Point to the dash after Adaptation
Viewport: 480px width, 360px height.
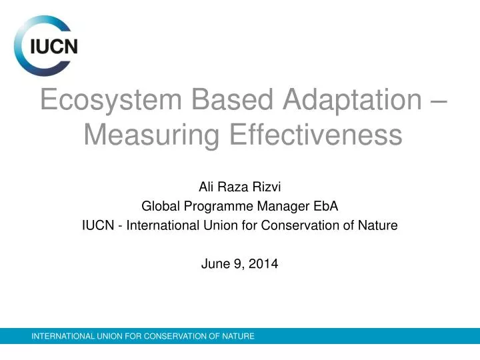[x=435, y=101]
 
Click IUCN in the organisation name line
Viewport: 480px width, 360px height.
[x=95, y=225]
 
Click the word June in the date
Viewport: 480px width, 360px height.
[x=213, y=263]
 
